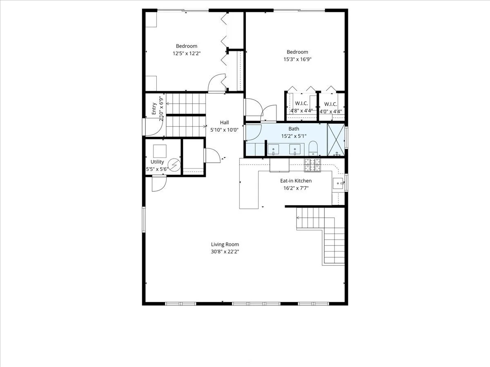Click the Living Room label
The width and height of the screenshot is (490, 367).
(x=225, y=244)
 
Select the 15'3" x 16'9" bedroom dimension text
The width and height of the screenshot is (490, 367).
(x=297, y=59)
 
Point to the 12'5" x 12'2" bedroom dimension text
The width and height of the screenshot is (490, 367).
(x=187, y=53)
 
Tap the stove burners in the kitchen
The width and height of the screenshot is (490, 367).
(x=313, y=164)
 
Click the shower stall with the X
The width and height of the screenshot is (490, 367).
(x=336, y=139)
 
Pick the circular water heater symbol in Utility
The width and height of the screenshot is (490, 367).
(x=175, y=164)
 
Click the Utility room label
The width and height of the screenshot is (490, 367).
(x=157, y=162)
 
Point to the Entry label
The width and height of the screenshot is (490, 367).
(x=154, y=109)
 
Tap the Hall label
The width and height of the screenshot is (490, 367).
(x=225, y=122)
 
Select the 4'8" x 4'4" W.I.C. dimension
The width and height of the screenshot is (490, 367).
(x=302, y=111)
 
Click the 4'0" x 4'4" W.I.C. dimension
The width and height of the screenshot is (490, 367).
(x=331, y=111)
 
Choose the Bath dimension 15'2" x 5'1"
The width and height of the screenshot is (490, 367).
(x=294, y=136)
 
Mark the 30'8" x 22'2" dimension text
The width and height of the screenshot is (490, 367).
(x=225, y=252)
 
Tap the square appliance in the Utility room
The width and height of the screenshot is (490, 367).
(x=160, y=151)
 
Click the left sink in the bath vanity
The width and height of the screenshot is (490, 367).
(x=273, y=149)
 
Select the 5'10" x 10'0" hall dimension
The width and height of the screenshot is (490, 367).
(x=225, y=130)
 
